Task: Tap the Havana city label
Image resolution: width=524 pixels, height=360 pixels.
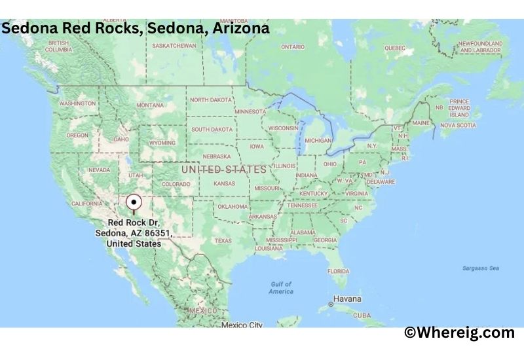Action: tap(347, 299)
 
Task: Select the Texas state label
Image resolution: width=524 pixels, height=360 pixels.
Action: tap(223, 240)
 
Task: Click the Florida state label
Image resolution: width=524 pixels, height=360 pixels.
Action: tap(338, 271)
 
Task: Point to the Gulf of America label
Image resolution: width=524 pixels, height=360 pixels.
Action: tap(281, 287)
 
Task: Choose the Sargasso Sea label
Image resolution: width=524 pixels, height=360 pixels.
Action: tap(481, 268)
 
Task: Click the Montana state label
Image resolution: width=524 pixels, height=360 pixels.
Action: tap(150, 105)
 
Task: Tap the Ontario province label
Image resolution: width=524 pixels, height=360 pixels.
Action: tap(292, 47)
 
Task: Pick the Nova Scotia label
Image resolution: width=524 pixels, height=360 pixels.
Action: tap(457, 125)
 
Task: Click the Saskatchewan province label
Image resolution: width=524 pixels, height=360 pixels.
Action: tap(174, 46)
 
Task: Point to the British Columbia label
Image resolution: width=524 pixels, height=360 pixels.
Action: tap(58, 46)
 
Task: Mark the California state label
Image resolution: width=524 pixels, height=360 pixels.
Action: tap(86, 204)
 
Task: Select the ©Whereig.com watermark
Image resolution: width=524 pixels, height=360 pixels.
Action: tap(459, 333)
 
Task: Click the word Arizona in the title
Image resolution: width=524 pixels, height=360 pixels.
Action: tap(237, 29)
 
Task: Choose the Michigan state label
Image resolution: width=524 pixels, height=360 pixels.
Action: tap(318, 141)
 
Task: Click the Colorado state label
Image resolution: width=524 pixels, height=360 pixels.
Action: tap(176, 184)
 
